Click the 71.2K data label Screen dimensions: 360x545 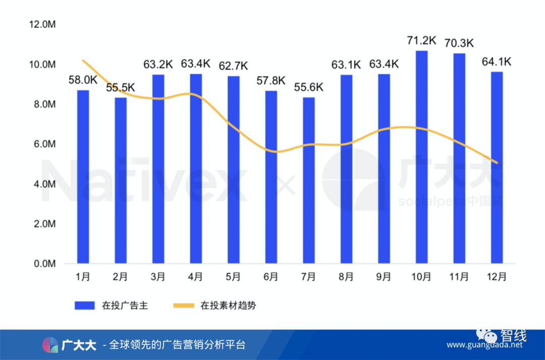[421, 40]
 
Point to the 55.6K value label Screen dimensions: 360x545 [308, 87]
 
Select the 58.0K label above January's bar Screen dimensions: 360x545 [83, 80]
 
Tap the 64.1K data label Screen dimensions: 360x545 [497, 62]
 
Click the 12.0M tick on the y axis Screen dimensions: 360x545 [42, 25]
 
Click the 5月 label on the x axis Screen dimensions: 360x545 [233, 276]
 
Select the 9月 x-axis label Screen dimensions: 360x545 [384, 276]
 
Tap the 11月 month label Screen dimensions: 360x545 [459, 276]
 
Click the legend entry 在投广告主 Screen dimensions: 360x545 [126, 306]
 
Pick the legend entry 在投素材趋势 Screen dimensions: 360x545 [228, 306]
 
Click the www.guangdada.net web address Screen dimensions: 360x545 [484, 345]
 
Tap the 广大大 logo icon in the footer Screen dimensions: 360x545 [50, 345]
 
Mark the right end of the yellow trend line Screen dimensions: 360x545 [497, 162]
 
